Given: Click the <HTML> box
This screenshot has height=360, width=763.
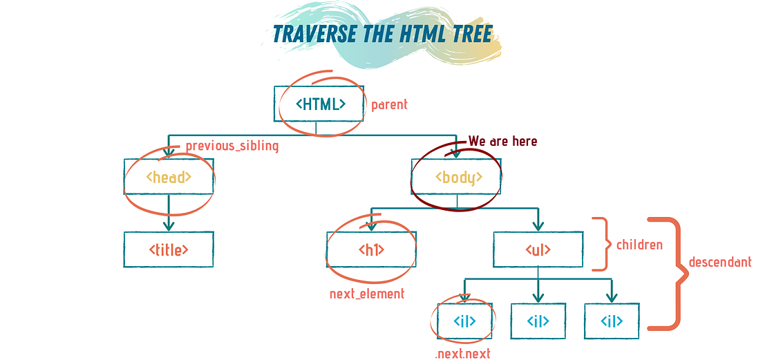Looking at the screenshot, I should (x=319, y=104).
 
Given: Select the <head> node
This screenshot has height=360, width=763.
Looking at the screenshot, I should (x=169, y=177).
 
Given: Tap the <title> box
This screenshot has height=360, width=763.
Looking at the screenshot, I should (x=169, y=249).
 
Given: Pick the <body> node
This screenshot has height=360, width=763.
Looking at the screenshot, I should (x=456, y=177).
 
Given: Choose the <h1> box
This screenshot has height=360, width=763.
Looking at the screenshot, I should (x=371, y=249).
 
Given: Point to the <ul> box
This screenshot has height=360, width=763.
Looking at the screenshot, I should (x=538, y=249).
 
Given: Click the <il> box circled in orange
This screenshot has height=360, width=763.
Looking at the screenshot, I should (x=464, y=321).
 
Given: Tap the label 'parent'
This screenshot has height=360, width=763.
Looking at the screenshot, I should (x=389, y=105).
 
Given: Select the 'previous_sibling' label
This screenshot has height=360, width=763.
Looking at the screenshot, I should (x=232, y=146).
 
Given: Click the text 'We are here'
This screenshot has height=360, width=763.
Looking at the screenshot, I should (x=502, y=141).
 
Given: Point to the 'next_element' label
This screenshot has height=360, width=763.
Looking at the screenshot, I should (x=367, y=294).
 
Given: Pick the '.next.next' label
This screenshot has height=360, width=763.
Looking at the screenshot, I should (x=463, y=354).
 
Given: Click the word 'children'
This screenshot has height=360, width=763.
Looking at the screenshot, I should (x=639, y=244).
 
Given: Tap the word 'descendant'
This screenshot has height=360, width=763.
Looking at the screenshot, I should (x=720, y=263).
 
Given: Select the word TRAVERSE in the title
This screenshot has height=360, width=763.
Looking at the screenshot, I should (x=317, y=33).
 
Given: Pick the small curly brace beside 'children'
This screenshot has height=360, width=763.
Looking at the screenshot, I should (x=602, y=244).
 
